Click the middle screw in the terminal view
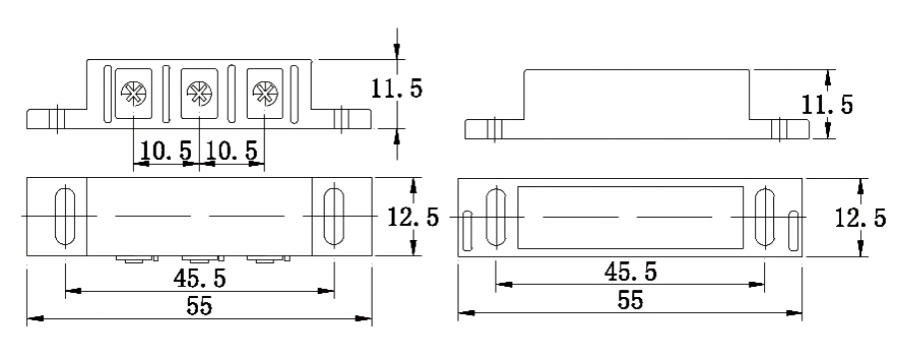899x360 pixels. (x=200, y=92)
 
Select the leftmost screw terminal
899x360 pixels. (x=134, y=92)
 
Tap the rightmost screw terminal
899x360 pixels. (x=265, y=92)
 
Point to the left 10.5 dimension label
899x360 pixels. (x=166, y=151)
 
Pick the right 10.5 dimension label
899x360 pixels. (x=232, y=151)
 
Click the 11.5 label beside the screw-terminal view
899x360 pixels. (x=397, y=88)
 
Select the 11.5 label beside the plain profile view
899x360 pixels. (x=827, y=104)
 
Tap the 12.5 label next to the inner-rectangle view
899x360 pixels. (x=860, y=218)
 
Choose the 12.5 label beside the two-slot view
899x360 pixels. (x=413, y=218)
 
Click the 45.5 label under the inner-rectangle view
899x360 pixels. (x=630, y=271)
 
